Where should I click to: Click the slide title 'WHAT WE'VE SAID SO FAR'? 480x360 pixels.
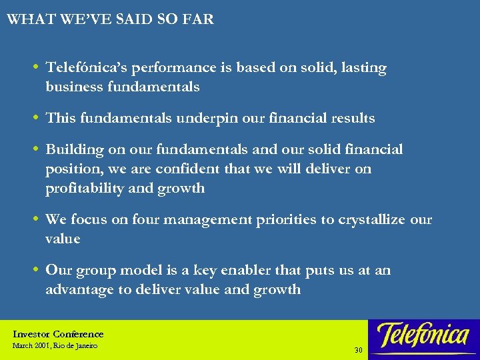pos(110,19)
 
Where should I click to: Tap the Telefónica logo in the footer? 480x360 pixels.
pos(423,335)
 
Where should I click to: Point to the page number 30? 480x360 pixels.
pos(358,350)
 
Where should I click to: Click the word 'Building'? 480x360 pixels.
pos(71,150)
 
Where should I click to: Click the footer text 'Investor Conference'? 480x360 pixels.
pos(59,334)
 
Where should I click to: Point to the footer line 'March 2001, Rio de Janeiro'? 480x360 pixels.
pos(55,346)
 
